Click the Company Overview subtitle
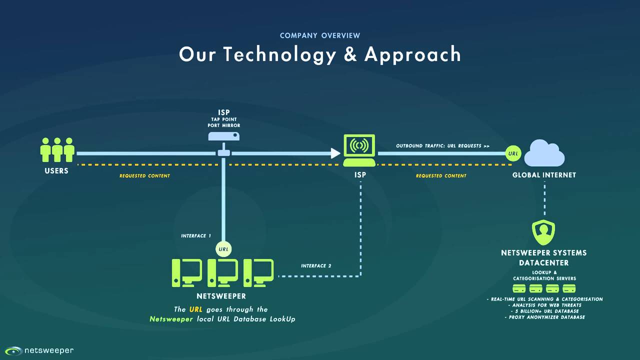click(x=320, y=35)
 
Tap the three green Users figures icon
click(x=57, y=149)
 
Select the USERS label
click(x=56, y=171)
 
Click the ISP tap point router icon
click(x=223, y=136)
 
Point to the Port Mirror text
click(x=224, y=125)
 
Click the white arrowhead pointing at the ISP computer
click(x=335, y=153)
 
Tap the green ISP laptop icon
click(x=359, y=150)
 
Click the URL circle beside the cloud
click(x=513, y=153)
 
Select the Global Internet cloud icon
click(x=544, y=153)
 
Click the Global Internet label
click(x=544, y=175)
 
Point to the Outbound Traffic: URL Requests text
click(x=442, y=146)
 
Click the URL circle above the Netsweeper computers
click(x=223, y=249)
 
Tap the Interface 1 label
click(x=196, y=235)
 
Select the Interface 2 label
click(x=316, y=265)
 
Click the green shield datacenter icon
click(x=543, y=232)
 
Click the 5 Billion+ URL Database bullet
click(x=545, y=311)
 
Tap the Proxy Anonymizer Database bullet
click(x=545, y=317)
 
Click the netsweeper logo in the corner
click(x=39, y=350)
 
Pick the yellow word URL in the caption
click(x=195, y=309)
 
